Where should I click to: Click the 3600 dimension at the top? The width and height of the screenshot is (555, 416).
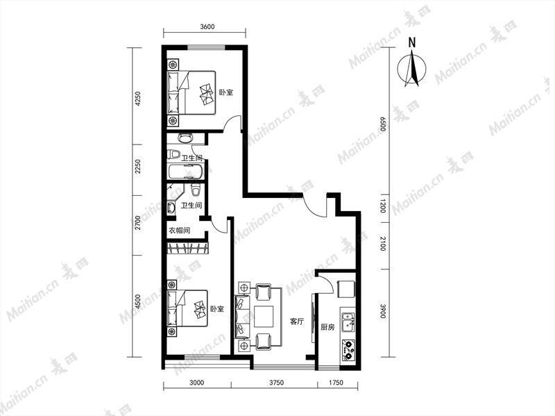click(207, 27)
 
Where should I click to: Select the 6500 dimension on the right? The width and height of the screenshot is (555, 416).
click(382, 124)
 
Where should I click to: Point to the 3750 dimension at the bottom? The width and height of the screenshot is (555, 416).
click(276, 383)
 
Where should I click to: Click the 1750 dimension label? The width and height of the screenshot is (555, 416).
click(336, 383)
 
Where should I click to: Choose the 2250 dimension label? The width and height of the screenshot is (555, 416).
click(138, 166)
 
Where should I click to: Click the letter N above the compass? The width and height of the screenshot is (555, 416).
click(411, 43)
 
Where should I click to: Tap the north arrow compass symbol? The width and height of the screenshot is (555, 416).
click(411, 69)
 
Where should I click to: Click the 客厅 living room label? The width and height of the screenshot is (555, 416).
click(297, 322)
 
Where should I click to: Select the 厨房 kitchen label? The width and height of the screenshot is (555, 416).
click(327, 327)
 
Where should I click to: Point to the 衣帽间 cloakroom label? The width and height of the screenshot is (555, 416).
click(179, 231)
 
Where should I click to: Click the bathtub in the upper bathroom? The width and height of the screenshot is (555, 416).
click(185, 172)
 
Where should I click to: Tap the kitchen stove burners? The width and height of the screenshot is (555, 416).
click(348, 350)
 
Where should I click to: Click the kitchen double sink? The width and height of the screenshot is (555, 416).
click(348, 322)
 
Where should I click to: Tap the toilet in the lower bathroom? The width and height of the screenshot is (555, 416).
click(196, 190)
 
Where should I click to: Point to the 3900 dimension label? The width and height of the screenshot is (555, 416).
click(382, 311)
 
